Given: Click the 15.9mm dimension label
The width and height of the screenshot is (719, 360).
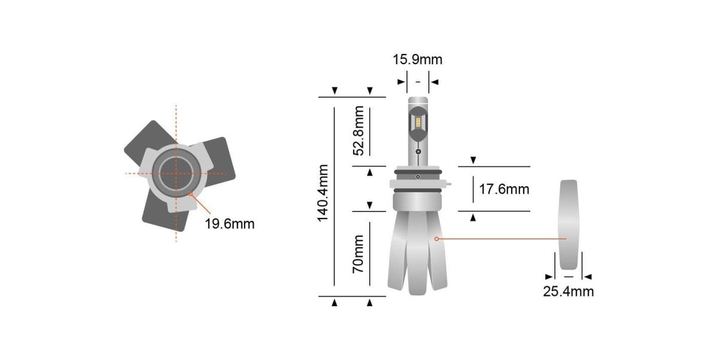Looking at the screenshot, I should click(417, 60).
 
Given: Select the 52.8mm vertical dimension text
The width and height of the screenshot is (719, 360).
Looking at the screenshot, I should click(359, 131).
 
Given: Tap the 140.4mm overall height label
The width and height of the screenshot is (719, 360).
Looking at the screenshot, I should click(324, 192).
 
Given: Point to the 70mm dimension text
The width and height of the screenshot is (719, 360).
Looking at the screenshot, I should click(359, 255).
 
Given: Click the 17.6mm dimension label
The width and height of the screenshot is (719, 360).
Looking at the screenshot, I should click(504, 189).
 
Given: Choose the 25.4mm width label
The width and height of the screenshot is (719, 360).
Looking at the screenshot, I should click(568, 292).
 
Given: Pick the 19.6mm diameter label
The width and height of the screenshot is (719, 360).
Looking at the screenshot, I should click(229, 224).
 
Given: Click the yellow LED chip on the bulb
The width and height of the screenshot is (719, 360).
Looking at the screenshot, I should click(418, 123).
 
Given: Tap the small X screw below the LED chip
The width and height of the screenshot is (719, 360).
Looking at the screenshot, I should click(418, 152).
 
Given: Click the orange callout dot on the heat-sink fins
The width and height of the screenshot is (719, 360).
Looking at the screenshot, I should click(437, 238).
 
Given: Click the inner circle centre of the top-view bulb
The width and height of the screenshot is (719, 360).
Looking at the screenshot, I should click(176, 173).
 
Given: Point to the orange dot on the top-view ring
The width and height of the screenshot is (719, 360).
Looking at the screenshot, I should click(191, 194).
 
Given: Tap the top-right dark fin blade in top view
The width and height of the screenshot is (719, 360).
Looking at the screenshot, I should click(217, 157).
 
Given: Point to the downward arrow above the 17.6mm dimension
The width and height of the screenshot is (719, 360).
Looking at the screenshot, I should click(473, 160).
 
